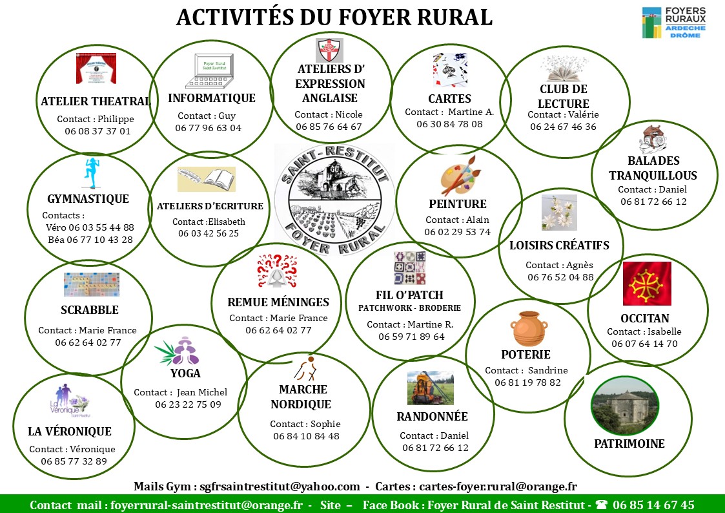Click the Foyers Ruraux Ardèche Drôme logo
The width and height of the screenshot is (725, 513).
(x=674, y=23)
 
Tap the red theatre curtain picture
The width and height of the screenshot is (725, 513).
(x=96, y=68)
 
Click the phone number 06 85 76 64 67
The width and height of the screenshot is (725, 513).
(x=329, y=127)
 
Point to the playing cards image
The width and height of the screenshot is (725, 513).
(x=449, y=70)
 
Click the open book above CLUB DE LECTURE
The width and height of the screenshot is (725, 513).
(x=564, y=68)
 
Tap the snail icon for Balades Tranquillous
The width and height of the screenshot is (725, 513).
(x=653, y=139)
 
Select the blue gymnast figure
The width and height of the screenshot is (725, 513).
(x=92, y=173)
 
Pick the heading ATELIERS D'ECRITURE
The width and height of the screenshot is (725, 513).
(x=210, y=206)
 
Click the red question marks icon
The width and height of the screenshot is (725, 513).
(x=277, y=271)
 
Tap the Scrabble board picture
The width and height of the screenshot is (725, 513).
(x=92, y=284)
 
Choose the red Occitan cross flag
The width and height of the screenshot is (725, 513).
(x=647, y=284)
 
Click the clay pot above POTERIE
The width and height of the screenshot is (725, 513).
(x=529, y=328)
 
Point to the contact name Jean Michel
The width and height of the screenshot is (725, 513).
(x=202, y=392)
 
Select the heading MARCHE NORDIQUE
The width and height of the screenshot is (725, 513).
(x=301, y=397)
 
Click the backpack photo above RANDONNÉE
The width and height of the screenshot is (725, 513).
(x=431, y=388)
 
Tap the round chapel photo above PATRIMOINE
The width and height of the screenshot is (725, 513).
(x=625, y=406)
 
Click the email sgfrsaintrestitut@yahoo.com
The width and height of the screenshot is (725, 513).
(x=280, y=487)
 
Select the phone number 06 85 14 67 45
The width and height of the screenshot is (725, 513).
(x=653, y=505)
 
